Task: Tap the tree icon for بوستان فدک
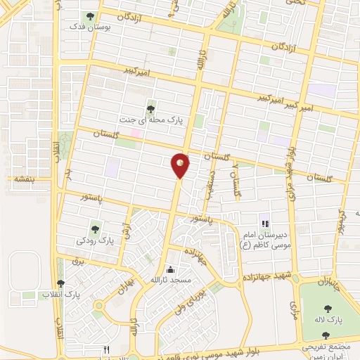[x=89, y=15]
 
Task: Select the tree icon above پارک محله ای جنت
[x=151, y=108]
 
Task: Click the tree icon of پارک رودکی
[x=95, y=229]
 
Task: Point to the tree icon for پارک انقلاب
[x=62, y=283]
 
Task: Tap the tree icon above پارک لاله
[x=328, y=308]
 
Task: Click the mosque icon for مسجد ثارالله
[x=169, y=269]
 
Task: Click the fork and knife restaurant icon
[x=107, y=349]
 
